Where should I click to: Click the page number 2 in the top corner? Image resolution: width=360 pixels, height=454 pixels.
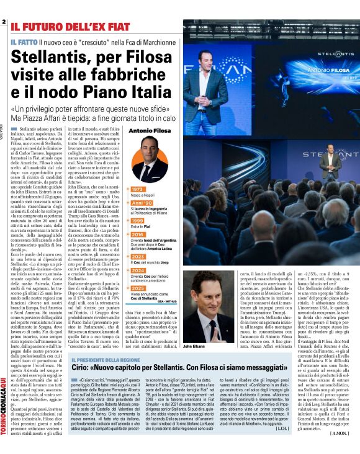click(x=4, y=22)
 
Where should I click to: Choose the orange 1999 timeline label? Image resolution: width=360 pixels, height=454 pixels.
click(x=137, y=220)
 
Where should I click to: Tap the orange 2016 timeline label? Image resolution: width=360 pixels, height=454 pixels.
click(x=137, y=235)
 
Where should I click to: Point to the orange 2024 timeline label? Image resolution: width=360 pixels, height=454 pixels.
click(x=137, y=270)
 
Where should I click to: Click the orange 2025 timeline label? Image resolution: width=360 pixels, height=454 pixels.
click(x=137, y=287)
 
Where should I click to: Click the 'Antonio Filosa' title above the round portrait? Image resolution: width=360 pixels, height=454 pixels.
click(x=152, y=131)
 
